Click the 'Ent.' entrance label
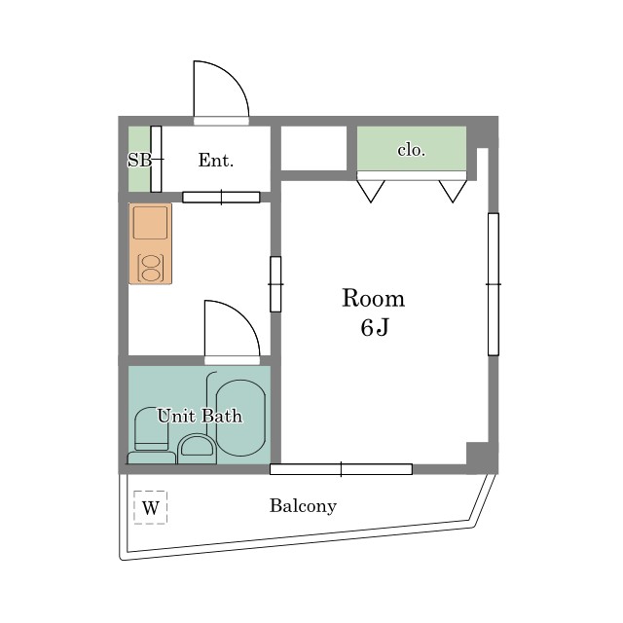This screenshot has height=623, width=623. pos(216,160)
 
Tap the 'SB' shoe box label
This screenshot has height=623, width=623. pos(139,160)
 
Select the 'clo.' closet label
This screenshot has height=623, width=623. pos(412,150)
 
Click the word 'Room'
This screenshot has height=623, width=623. pos(374,298)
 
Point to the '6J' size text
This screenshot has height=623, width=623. pos(374,328)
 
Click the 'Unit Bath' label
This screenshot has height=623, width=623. pos(200,416)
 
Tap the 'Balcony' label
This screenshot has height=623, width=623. pos(303,506)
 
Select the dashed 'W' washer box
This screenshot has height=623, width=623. pos(151,507)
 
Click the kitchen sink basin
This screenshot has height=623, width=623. pos(150,223)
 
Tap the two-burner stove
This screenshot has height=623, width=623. pos(151,269)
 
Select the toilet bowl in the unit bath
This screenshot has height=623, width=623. pos(152,429)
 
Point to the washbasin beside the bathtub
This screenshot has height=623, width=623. pos(197,449)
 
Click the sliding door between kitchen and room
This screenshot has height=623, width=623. pos(275,284)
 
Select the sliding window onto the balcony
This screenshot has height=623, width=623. pos(341,469)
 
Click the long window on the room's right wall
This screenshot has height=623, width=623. pos(494,284)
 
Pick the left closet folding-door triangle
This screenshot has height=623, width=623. pos(371,191)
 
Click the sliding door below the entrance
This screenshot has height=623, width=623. pos(221,197)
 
